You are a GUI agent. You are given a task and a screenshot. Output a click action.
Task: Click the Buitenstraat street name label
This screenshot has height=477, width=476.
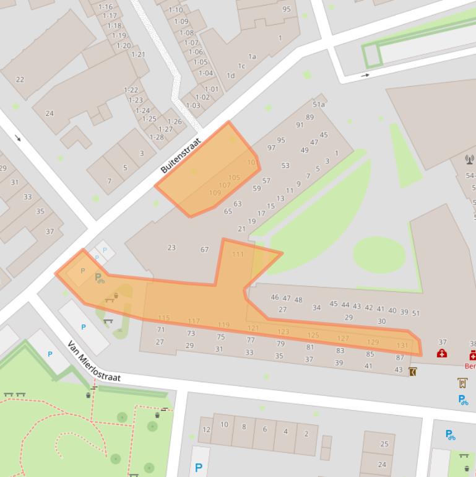(181, 155)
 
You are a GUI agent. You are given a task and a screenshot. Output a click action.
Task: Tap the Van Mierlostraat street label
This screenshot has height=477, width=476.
(93, 361)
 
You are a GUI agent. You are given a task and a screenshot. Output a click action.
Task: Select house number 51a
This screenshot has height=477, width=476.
(319, 105)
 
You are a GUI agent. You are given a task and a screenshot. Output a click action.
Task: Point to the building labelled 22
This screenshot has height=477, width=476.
(20, 79)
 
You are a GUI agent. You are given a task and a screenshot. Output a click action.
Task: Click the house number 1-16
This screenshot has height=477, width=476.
(105, 7)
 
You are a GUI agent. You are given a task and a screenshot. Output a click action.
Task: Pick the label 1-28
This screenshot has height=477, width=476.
(157, 137)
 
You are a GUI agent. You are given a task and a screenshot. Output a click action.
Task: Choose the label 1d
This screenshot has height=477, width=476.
(230, 76)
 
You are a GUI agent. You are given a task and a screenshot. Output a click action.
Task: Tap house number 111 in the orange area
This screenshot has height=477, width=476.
(238, 255)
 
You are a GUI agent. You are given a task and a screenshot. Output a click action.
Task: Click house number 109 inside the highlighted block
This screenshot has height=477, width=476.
(215, 193)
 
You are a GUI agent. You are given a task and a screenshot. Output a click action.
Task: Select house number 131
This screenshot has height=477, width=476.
(402, 346)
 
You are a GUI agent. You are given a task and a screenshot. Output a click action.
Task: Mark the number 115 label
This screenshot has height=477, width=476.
(164, 318)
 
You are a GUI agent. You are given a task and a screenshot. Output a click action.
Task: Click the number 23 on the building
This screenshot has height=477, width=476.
(171, 248)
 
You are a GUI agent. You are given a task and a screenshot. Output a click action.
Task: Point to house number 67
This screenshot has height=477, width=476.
(204, 250)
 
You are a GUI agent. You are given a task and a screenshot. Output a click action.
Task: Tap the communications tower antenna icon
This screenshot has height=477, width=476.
(469, 160)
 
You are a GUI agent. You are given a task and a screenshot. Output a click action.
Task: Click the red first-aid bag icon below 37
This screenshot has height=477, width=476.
(442, 354)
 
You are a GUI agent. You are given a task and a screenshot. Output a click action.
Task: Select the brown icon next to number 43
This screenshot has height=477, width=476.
(413, 372)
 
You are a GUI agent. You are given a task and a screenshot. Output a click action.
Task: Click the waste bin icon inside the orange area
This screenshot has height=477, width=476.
(116, 295)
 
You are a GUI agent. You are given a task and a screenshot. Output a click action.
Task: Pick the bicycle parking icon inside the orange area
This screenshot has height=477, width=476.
(99, 278)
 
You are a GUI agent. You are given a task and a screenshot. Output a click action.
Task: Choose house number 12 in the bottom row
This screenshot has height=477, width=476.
(206, 429)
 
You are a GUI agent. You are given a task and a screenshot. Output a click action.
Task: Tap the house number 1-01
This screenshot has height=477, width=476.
(212, 89)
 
